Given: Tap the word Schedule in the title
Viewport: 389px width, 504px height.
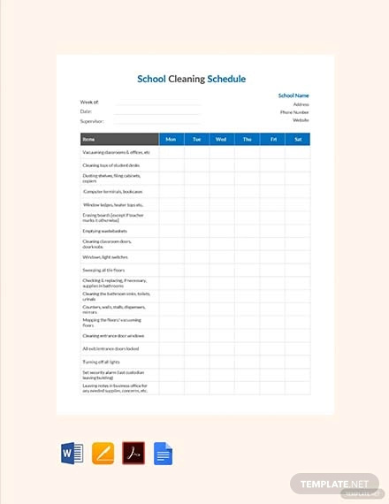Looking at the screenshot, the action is pos(226,79).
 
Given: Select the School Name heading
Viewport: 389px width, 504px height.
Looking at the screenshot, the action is pos(294,95).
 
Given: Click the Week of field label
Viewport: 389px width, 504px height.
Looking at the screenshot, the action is pos(89,103).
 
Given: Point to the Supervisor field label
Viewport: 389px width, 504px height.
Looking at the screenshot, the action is pos(92,121).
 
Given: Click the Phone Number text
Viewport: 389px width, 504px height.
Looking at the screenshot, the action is pos(294,112).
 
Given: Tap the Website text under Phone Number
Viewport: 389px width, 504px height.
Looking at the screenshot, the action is pos(298,121).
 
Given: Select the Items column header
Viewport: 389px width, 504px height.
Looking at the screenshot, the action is pos(88,139).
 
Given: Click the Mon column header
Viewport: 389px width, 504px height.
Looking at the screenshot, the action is pos(171,139).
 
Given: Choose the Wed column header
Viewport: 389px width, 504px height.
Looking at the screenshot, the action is pos(221,139).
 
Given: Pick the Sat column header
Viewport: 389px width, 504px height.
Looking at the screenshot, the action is pos(298,139).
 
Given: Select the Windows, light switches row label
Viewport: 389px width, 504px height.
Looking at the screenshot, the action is pos(105,256).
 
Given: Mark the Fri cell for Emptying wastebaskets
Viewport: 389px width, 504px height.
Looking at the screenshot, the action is pos(272,231).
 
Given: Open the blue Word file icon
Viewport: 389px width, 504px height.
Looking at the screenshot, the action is pos(72,454).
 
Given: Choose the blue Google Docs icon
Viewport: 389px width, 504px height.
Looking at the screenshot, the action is pos(164,454).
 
